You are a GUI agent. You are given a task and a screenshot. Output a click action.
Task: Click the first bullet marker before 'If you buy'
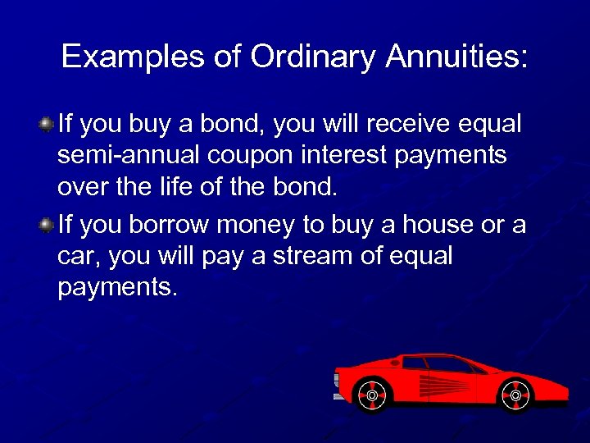point(48,125)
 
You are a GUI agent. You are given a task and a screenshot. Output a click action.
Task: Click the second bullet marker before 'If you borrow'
point(48,225)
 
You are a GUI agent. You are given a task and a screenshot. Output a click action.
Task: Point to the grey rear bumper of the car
point(339,386)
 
